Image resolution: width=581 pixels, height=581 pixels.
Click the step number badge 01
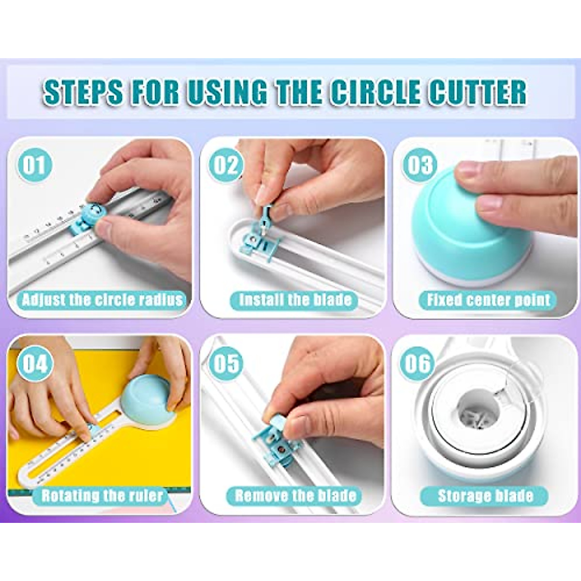pos(34,165)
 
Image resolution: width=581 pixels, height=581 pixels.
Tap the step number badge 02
pos(226,165)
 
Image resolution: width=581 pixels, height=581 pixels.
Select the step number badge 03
pos(419,165)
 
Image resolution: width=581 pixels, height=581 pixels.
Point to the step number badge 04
pos(34,363)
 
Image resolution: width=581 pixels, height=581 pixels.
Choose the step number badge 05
pos(226,363)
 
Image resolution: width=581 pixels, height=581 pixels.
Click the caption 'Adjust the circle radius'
pos(103,300)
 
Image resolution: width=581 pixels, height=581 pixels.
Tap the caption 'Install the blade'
pos(295,300)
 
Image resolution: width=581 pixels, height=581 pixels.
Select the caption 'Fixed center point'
pos(488,300)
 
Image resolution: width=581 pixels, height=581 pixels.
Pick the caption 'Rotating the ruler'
pos(102,496)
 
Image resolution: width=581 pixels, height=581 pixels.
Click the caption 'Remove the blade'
pos(295,496)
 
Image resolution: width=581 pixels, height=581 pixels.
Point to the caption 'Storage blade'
pos(485,496)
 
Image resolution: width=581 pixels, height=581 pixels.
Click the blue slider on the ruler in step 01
pos(87,219)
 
